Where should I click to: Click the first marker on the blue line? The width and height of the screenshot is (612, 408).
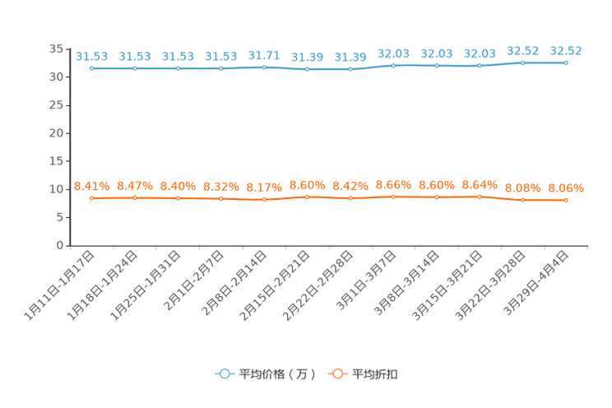92,68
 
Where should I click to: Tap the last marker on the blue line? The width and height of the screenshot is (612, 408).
566,63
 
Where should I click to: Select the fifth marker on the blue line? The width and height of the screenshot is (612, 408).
264,67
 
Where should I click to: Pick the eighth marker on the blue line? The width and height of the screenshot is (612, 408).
393,65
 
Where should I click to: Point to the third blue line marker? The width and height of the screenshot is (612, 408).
178,68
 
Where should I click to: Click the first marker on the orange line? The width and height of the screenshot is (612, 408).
92,197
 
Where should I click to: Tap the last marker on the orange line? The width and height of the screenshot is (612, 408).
566,200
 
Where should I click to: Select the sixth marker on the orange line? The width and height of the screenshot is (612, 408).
307,197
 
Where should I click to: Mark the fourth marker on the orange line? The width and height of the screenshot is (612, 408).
220,198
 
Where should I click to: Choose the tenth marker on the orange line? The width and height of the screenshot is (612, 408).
480,197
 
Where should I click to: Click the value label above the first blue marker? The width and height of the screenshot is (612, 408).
92,56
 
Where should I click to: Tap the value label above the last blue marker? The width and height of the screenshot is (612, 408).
566,50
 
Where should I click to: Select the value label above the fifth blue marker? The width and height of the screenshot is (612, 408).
264,55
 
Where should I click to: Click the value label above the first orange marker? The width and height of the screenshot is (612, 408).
92,185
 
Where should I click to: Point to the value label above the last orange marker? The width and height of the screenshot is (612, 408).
566,188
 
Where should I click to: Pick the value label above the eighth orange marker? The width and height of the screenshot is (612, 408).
393,183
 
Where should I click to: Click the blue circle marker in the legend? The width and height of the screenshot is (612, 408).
224,373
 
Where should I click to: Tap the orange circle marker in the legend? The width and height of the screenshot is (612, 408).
336,373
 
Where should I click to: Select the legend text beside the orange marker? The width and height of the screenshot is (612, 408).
375,374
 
